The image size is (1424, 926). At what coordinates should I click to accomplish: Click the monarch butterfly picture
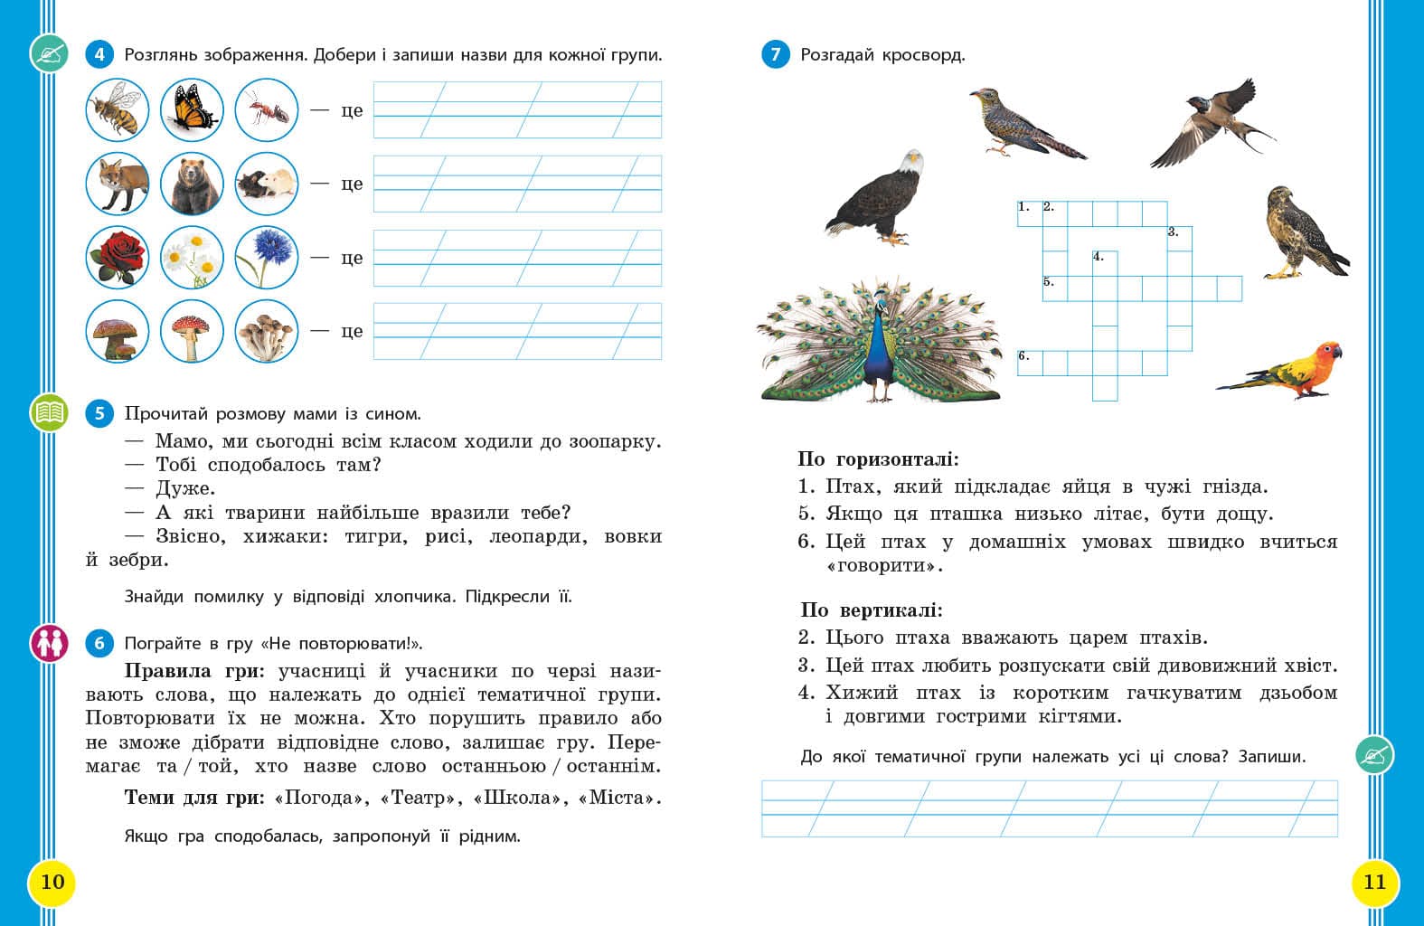tap(192, 110)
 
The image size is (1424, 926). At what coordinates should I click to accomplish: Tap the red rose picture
tap(118, 257)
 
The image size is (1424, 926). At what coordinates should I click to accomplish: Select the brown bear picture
tap(192, 184)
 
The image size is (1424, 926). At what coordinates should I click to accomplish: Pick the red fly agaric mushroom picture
tap(192, 331)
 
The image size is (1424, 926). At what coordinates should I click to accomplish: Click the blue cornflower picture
tap(266, 257)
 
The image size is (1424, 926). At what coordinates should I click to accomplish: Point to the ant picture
tap(266, 110)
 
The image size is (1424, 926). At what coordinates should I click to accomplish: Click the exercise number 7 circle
tap(775, 54)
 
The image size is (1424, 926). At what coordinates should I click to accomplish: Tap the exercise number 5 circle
tap(99, 414)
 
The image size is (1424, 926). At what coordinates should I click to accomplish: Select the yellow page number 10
tap(52, 882)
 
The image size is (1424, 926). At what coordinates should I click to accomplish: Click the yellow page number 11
tap(1374, 882)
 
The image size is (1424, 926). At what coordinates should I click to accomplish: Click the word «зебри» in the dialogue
tap(140, 561)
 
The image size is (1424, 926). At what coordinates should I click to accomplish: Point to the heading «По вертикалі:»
tap(871, 610)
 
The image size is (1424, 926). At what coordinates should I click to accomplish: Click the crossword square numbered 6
tap(1030, 363)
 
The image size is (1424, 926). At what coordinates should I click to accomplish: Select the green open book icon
tap(49, 413)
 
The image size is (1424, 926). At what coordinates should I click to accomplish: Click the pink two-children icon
tap(49, 643)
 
